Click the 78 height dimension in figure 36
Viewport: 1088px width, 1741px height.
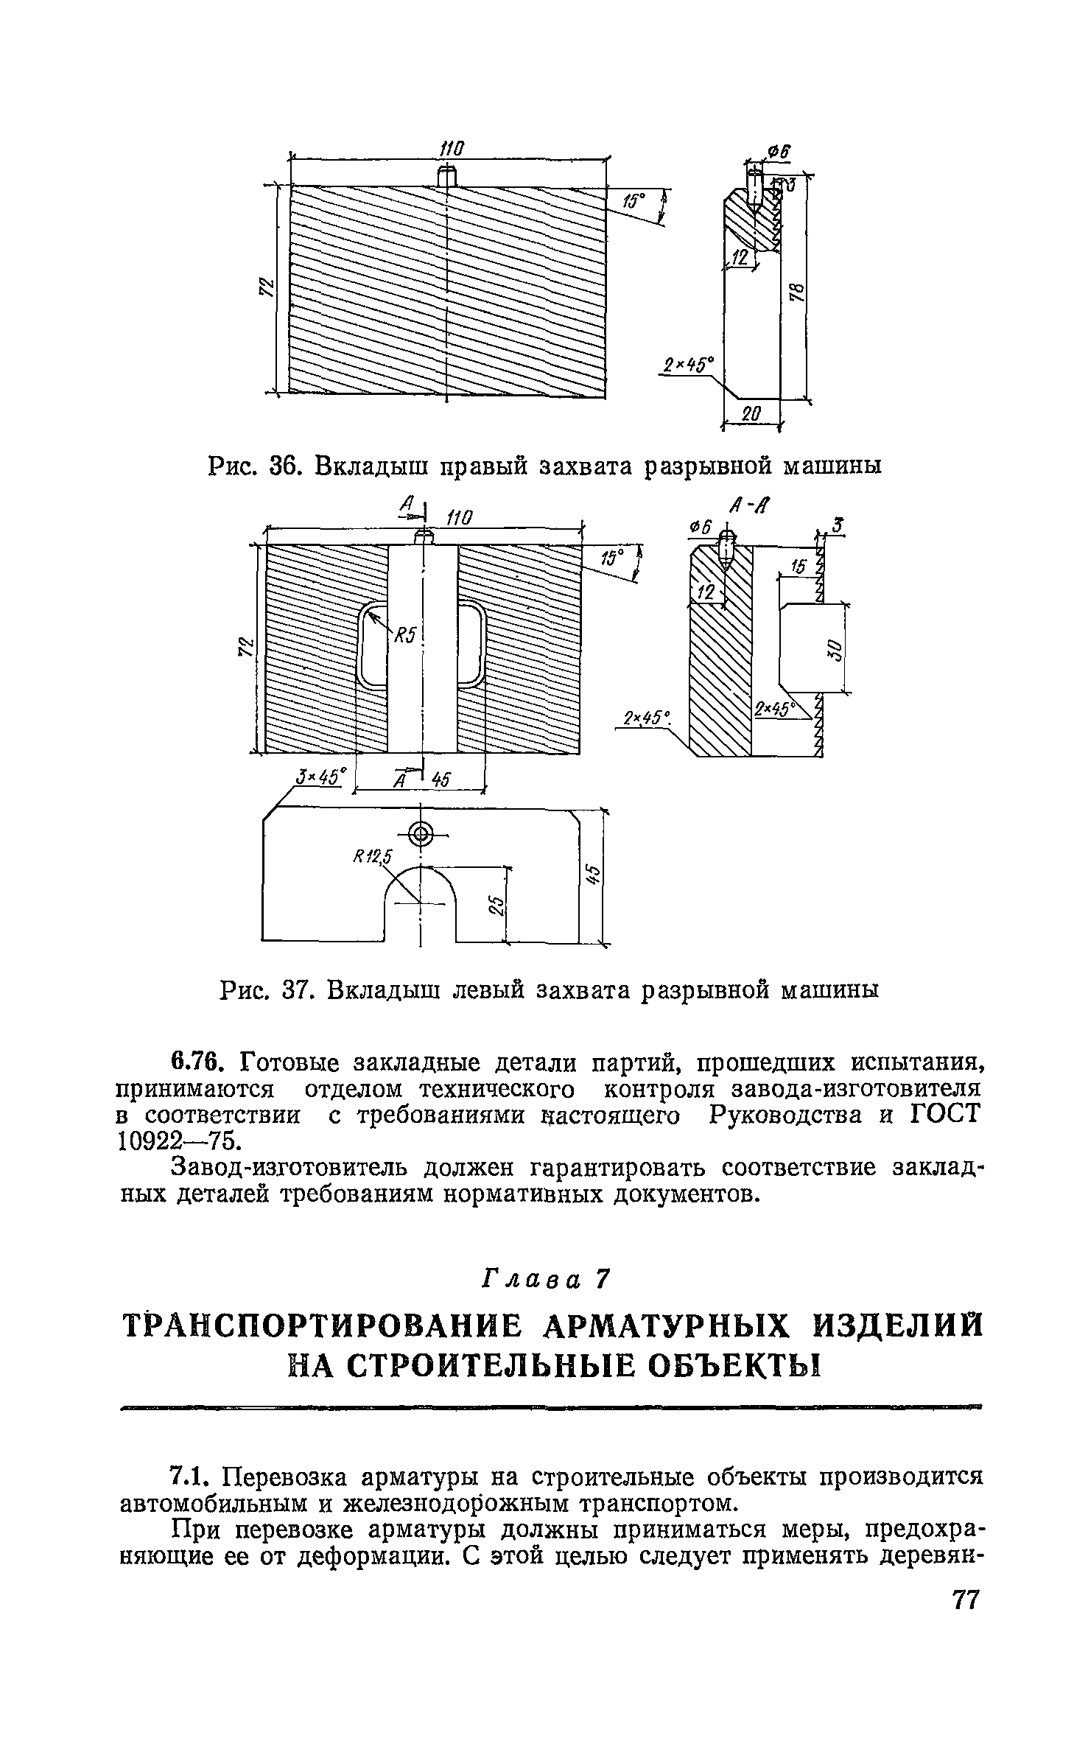799,292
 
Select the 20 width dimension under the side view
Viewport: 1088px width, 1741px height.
750,414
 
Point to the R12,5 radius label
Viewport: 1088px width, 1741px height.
373,856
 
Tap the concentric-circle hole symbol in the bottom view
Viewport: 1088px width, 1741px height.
421,835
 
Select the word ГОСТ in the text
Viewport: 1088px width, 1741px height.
947,1115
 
